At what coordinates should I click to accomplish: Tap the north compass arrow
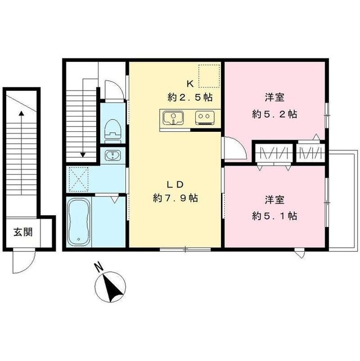coord(111,285)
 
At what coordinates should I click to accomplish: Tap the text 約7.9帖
coord(175,198)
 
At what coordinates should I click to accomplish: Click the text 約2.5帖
coord(189,96)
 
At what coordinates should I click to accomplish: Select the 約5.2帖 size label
coord(274,113)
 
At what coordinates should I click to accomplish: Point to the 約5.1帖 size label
coord(274,215)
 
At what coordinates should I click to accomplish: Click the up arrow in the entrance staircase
coord(21,141)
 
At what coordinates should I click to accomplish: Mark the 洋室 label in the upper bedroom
coord(274,96)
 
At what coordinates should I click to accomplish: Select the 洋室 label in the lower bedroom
coord(274,199)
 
